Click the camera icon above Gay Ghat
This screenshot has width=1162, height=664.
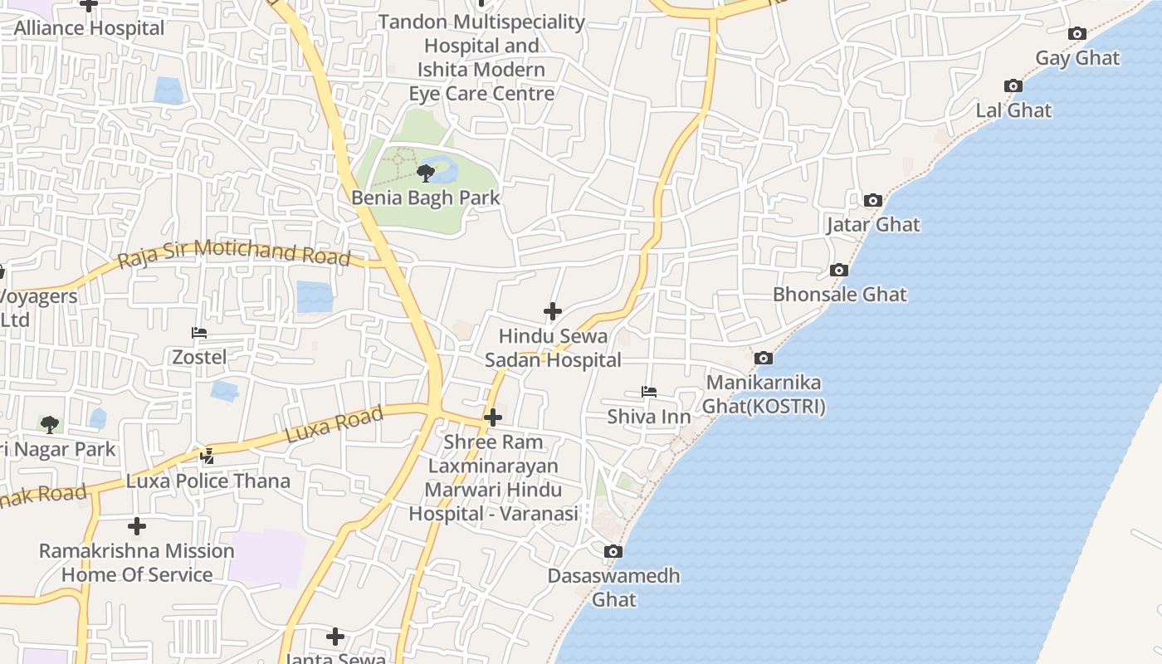1077,34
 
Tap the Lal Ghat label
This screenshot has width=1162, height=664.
1013,110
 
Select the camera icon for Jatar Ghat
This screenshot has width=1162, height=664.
872,200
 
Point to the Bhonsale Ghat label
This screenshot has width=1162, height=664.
840,295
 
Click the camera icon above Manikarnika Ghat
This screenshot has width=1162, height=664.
764,359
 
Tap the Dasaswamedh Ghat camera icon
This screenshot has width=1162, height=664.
613,552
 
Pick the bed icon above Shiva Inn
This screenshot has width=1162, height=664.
649,392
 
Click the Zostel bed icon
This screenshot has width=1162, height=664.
199,333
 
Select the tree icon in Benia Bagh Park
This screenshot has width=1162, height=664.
426,173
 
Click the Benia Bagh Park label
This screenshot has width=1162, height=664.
426,198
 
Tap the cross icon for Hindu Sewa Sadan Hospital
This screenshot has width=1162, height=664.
553,311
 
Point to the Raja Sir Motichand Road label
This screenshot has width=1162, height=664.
234,252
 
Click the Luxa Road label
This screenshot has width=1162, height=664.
334,424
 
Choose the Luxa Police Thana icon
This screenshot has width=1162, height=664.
207,456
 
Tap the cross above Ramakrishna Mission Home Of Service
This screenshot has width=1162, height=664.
137,526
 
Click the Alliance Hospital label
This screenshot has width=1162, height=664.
90,27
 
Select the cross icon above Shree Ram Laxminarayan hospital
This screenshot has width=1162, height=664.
493,417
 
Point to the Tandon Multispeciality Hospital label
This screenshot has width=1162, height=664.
482,57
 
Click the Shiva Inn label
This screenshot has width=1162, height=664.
649,416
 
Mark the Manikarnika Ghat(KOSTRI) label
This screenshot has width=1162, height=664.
764,394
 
